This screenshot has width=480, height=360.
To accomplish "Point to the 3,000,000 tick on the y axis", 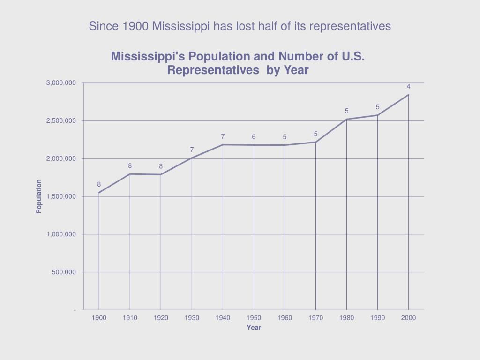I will (61, 83).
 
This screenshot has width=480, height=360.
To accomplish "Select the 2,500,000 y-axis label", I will (61, 121).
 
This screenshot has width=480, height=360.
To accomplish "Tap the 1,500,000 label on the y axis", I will (61, 196).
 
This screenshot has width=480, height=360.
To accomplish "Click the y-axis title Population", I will (39, 196).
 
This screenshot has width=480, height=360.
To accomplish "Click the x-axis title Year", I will (254, 328).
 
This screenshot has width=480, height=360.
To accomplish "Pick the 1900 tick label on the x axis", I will (99, 318).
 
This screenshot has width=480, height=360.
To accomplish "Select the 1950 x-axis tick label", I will (254, 318).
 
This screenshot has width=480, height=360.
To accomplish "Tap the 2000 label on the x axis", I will (408, 318).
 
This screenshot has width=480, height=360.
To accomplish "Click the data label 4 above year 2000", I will (408, 87).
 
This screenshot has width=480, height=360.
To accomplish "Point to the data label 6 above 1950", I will (254, 137).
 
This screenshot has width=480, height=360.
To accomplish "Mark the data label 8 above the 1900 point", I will (99, 185).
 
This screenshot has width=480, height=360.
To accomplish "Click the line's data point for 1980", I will (347, 120).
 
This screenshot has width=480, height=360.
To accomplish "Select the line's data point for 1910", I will (130, 174).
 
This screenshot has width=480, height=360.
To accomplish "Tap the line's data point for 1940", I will (223, 145).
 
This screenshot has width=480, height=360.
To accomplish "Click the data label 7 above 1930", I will (192, 150).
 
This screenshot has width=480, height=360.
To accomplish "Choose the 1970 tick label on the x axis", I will (315, 318).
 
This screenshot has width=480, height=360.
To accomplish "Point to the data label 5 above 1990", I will (377, 107).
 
